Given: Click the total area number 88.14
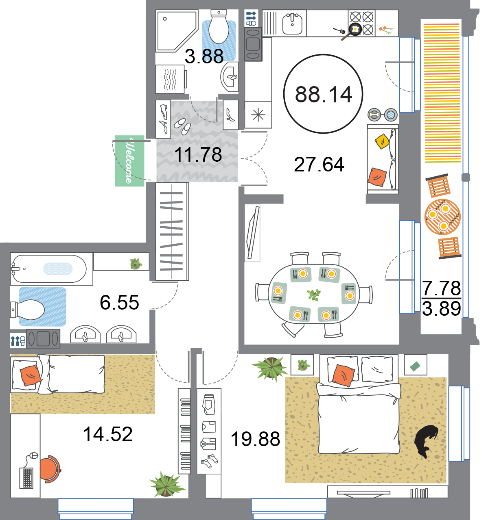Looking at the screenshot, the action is click(x=324, y=94).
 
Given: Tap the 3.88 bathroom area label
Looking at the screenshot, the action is click(x=204, y=56).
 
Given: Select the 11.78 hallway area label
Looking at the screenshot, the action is click(x=198, y=154).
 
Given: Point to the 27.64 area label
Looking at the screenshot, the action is click(x=319, y=165).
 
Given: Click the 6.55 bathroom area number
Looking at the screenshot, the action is click(x=119, y=302).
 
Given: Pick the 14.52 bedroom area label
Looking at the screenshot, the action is click(x=107, y=434).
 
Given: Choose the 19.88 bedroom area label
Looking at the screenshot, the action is click(x=255, y=439).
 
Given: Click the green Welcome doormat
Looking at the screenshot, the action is click(x=129, y=161).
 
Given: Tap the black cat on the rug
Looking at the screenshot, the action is click(x=426, y=443).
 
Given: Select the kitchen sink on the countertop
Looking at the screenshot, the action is click(x=292, y=24).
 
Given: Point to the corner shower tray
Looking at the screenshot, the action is click(x=177, y=31).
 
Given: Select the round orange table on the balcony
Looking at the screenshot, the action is click(x=442, y=217).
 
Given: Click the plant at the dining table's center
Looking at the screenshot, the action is click(x=314, y=295).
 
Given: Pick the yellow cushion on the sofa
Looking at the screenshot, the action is click(x=382, y=141).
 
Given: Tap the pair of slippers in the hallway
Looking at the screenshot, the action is click(x=182, y=126).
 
